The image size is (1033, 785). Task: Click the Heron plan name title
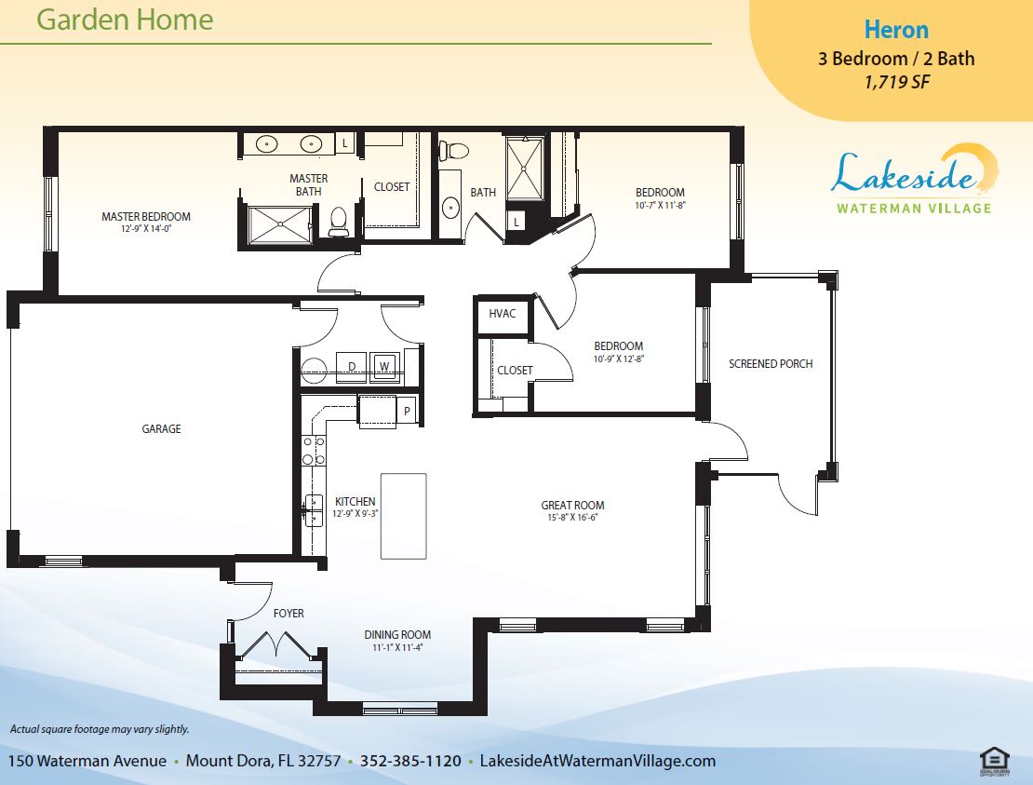[x=896, y=30]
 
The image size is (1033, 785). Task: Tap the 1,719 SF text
[x=896, y=82]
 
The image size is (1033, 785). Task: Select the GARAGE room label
[x=161, y=429]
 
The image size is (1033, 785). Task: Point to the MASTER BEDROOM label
[x=145, y=216]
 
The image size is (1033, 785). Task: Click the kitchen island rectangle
[x=403, y=516]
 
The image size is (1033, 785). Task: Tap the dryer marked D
[x=352, y=367]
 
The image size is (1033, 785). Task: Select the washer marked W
[x=384, y=367]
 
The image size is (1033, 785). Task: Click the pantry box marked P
[x=407, y=412]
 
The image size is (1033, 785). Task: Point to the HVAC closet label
[x=502, y=313]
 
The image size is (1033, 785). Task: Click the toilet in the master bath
[x=339, y=222]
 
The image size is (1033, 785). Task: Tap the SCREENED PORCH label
[x=771, y=364]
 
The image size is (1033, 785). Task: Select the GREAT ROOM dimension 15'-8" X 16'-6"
[x=571, y=518]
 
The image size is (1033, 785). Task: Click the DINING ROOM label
[x=397, y=635]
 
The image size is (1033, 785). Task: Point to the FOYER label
[x=288, y=614]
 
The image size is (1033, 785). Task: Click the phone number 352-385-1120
[x=410, y=761]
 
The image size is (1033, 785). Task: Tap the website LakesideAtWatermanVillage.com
[x=597, y=761]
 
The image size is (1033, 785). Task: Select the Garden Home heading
[x=126, y=20]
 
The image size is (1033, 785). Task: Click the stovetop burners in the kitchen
[x=314, y=450]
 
